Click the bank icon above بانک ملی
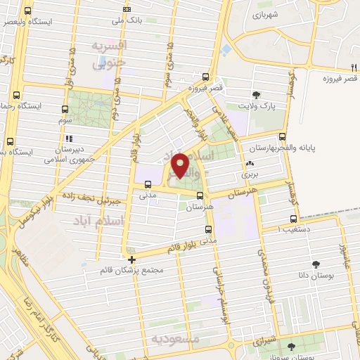[127, 9]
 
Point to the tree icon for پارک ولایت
[255, 94]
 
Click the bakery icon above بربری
[250, 162]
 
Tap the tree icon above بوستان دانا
[314, 264]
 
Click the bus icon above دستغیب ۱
[292, 219]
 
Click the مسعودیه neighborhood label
[175, 338]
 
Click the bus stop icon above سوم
[65, 109]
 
